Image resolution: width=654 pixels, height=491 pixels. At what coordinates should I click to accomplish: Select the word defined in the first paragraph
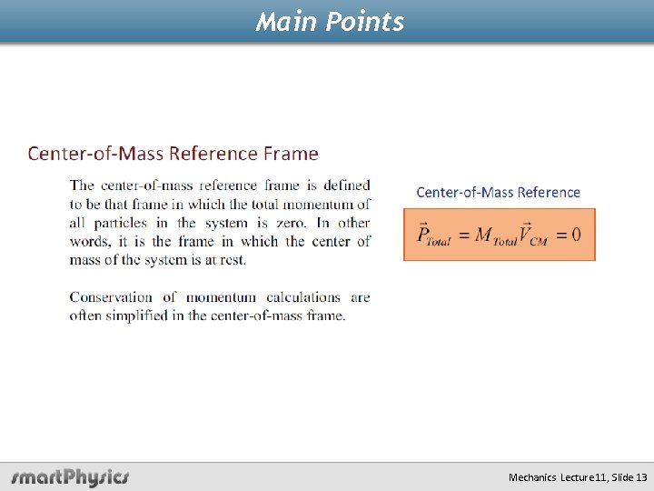pos(347,186)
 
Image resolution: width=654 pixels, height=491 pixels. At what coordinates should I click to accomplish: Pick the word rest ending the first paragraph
pos(232,260)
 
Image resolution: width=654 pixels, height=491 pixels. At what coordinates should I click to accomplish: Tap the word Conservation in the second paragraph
pos(111,297)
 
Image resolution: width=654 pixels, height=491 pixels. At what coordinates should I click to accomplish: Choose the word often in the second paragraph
pos(85,316)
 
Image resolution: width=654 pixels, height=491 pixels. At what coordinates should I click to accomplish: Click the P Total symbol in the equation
pos(433,235)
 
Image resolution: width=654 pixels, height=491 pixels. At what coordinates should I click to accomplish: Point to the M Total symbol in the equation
pos(495,235)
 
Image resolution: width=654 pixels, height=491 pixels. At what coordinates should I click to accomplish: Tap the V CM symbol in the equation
pos(533,235)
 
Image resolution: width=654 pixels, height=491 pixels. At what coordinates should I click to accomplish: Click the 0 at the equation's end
pos(576,235)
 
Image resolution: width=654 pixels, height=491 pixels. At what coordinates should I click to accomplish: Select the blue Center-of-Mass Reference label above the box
pos(498,192)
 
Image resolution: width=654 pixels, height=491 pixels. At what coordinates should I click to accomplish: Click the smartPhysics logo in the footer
pos(71,476)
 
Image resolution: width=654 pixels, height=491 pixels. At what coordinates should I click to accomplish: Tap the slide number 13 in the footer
pos(641,477)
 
